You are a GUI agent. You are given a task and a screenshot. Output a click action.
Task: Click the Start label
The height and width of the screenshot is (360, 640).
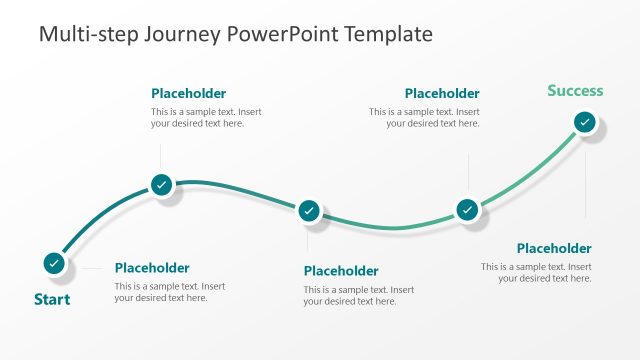[52, 299]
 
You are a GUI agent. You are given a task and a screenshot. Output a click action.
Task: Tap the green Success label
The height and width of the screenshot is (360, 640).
[575, 91]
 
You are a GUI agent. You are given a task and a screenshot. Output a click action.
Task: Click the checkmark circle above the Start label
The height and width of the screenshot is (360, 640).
[54, 263]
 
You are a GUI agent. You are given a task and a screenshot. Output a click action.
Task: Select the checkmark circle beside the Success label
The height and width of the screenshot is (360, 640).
[585, 123]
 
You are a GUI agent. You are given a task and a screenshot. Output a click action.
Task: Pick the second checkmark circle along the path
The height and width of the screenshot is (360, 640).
[161, 184]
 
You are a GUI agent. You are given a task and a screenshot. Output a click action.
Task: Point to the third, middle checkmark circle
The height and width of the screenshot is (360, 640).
[309, 211]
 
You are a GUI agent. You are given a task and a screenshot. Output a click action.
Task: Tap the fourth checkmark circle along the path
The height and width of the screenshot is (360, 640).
[467, 210]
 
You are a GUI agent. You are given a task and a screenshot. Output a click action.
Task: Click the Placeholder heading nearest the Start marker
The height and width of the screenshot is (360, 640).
[152, 268]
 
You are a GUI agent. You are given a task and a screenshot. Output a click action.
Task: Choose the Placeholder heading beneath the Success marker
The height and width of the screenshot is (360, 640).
[554, 248]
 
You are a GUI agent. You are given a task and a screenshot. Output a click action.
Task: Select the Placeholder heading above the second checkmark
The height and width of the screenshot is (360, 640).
[188, 94]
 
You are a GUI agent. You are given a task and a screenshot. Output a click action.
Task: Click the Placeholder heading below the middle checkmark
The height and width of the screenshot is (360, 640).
[341, 271]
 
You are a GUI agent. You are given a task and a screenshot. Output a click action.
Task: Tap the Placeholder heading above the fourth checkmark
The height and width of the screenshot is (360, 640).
[442, 94]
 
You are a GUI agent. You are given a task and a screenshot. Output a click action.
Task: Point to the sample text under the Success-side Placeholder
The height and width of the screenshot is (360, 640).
[536, 272]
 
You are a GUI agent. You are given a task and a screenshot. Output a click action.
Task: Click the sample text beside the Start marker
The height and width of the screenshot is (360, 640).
[170, 292]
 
